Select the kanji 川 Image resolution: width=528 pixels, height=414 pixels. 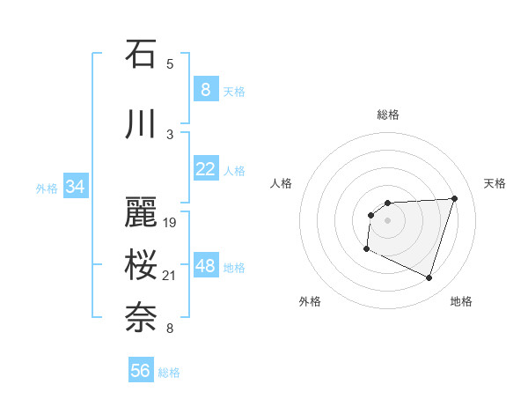tap(141, 125)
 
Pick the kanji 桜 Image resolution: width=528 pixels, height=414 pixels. tap(141, 265)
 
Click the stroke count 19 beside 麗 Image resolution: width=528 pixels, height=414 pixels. tap(170, 223)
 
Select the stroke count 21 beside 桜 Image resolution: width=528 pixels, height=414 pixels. tap(170, 276)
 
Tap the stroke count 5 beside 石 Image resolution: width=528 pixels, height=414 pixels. tap(170, 63)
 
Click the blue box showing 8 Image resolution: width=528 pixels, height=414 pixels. tap(205, 90)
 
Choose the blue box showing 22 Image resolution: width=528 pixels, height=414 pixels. tap(205, 169)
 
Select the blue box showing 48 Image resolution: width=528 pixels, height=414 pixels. tap(205, 266)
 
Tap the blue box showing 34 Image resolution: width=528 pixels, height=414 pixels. tap(75, 187)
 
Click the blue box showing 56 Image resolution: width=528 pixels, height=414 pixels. tap(140, 371)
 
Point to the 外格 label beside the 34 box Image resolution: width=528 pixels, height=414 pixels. tap(47, 188)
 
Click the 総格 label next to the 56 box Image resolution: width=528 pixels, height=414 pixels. tap(169, 373)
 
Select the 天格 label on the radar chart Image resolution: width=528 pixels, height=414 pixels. tap(495, 183)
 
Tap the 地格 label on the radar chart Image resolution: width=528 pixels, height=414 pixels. tap(461, 301)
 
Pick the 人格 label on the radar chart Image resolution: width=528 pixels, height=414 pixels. tap(282, 183)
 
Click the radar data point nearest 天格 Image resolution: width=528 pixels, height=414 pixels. tap(454, 198)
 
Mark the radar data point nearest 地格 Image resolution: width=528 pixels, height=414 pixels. tap(429, 278)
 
